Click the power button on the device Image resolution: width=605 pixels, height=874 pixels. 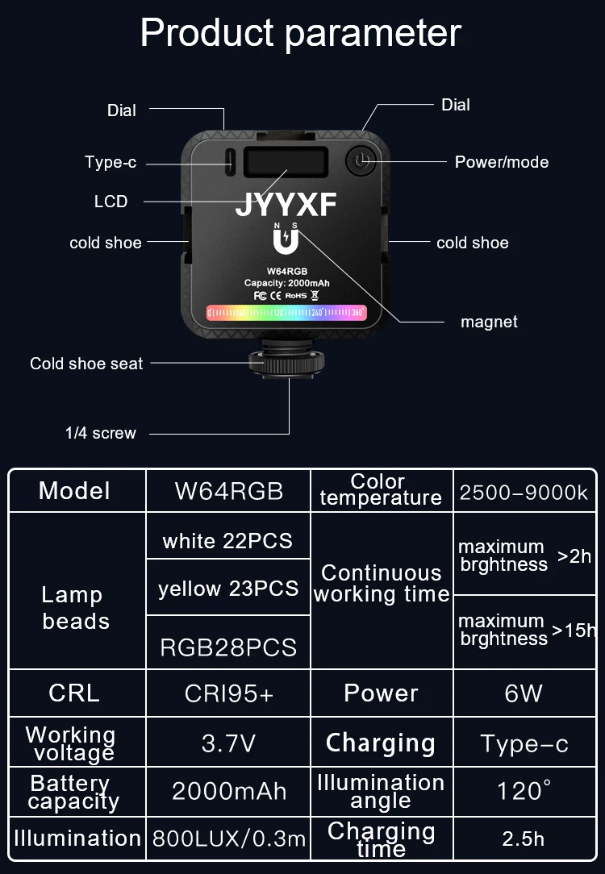click(x=361, y=161)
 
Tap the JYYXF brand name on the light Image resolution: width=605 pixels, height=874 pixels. click(x=286, y=205)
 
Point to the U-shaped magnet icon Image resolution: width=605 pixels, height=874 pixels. click(x=286, y=241)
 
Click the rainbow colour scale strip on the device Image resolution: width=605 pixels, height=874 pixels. click(x=286, y=312)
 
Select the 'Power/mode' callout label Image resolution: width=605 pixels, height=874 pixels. click(x=501, y=162)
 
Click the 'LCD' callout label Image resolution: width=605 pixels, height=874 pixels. click(x=111, y=202)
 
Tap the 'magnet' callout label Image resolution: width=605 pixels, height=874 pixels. click(x=489, y=322)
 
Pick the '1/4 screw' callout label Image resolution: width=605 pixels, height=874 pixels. click(x=101, y=433)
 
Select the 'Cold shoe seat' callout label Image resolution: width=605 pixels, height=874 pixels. click(x=86, y=364)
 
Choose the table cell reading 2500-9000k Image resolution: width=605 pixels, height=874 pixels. click(x=524, y=492)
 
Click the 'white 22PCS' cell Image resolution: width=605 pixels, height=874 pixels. click(x=227, y=540)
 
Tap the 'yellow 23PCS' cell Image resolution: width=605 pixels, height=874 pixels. click(x=228, y=589)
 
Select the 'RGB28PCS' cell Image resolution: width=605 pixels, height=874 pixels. click(x=228, y=647)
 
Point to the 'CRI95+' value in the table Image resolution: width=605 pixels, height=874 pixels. click(x=228, y=693)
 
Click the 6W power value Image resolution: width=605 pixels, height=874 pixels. click(x=524, y=693)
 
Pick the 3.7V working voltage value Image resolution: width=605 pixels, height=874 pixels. click(x=228, y=743)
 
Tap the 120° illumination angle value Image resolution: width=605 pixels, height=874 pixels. click(x=524, y=791)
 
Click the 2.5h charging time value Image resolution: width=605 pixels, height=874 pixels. click(x=524, y=839)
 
